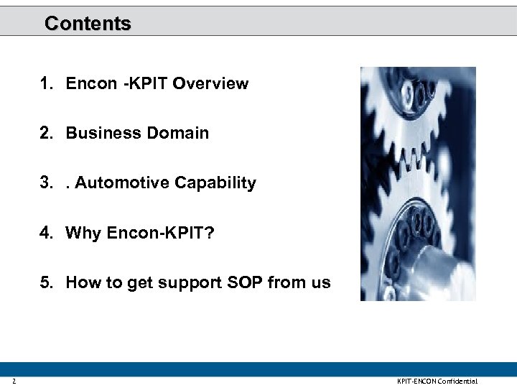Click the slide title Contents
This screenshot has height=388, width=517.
[x=88, y=24]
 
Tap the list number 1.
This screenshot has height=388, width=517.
[x=46, y=84]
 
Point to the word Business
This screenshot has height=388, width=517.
[x=98, y=134]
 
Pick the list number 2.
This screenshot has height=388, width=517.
[x=46, y=134]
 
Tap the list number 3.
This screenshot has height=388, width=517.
[x=46, y=183]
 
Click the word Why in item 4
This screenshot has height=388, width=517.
[x=83, y=233]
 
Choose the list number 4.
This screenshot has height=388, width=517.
[x=46, y=233]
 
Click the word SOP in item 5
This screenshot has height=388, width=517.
[x=246, y=282]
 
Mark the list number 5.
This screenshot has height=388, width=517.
[x=46, y=282]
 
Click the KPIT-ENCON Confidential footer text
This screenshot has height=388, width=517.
[x=437, y=381]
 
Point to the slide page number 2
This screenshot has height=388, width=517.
[x=14, y=381]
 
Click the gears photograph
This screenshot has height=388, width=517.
[x=417, y=183]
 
